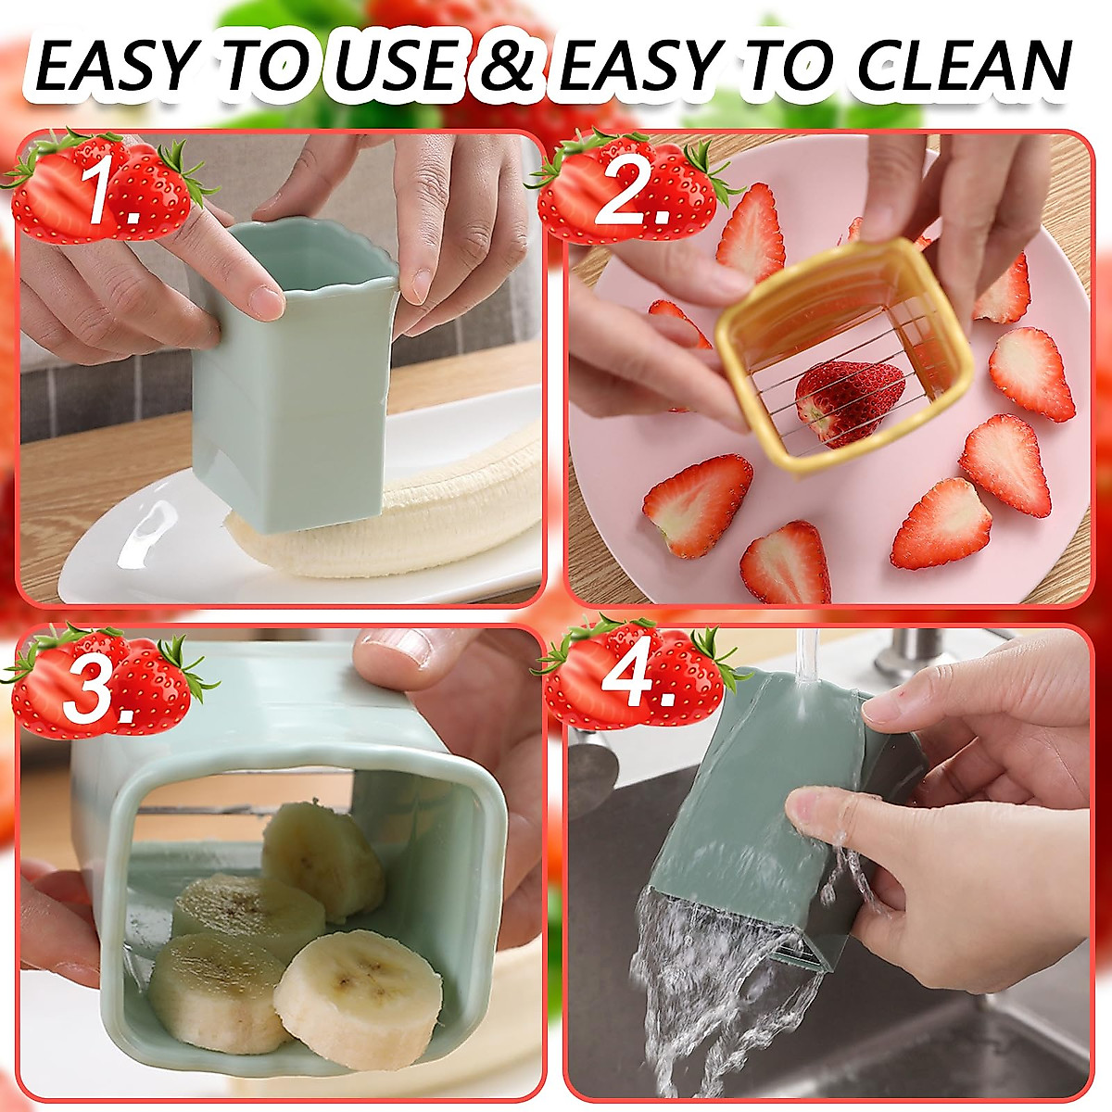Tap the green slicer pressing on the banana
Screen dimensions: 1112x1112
[x=297, y=389]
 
